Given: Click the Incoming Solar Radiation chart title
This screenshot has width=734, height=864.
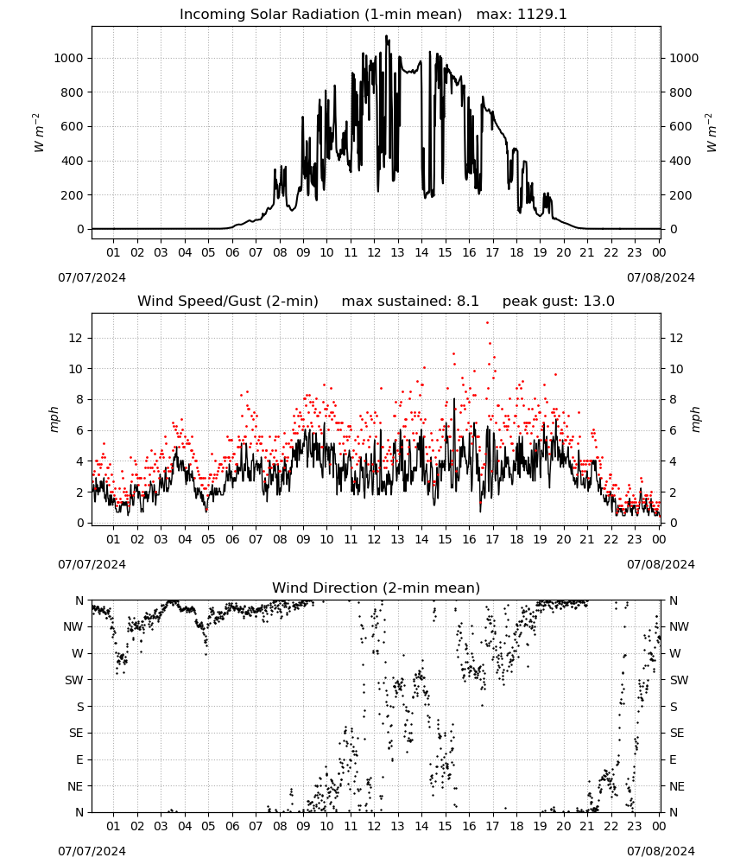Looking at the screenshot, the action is (x=320, y=15).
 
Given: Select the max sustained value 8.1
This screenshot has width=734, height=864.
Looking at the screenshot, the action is (x=467, y=302).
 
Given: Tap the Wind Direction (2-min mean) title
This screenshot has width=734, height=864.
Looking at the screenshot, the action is (x=376, y=588).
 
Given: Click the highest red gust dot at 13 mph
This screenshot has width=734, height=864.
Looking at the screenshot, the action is (x=487, y=323).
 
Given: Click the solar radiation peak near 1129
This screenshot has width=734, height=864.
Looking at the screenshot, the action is (x=387, y=36).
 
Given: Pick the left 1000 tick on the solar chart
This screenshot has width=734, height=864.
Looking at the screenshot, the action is (x=68, y=58).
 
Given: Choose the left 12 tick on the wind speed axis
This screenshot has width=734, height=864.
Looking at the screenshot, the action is (x=75, y=338).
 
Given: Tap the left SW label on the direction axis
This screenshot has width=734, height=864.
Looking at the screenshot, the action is (x=73, y=680).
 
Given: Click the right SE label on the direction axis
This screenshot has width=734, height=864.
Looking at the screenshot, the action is (x=677, y=733).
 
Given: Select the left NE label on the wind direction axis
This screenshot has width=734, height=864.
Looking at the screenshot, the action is (x=75, y=786).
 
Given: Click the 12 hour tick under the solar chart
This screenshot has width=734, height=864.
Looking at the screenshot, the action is (x=374, y=252).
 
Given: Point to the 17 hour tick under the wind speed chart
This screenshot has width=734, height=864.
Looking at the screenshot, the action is (x=492, y=539).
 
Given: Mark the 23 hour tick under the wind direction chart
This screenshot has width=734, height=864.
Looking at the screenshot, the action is (x=635, y=826).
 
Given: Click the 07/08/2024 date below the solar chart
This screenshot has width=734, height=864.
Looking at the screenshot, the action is (x=661, y=277).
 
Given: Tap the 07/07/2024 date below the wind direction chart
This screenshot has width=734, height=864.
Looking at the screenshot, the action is (x=92, y=851).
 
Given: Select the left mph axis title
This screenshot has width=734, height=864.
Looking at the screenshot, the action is (x=54, y=419).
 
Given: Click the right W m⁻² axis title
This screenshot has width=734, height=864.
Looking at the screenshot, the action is (x=711, y=133).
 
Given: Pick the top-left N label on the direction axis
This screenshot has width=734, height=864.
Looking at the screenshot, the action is (x=79, y=600).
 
